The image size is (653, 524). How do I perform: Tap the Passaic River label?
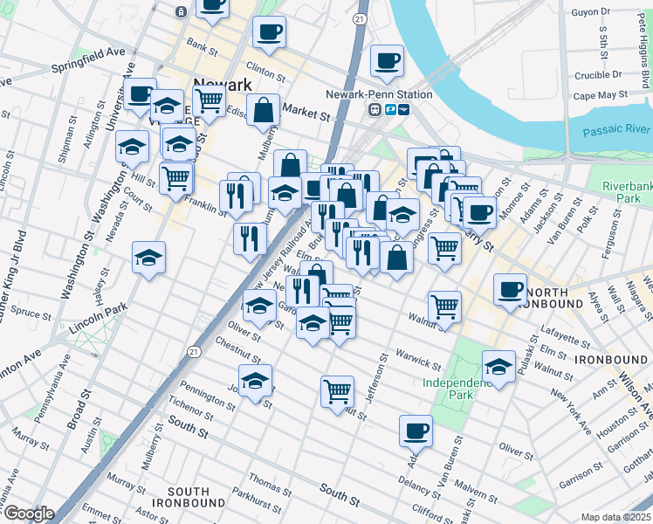pos(615,129)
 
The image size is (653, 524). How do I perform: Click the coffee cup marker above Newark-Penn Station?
pos(386,61)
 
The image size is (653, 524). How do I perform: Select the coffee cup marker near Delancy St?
pos(416,431)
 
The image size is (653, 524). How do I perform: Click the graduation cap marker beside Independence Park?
pos(498,366)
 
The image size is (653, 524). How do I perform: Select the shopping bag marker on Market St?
pos(263,110)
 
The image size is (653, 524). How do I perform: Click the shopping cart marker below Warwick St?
pos(337,391)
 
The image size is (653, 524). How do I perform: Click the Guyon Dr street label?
pos(590,12)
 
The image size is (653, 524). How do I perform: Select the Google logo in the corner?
pos(28,514)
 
